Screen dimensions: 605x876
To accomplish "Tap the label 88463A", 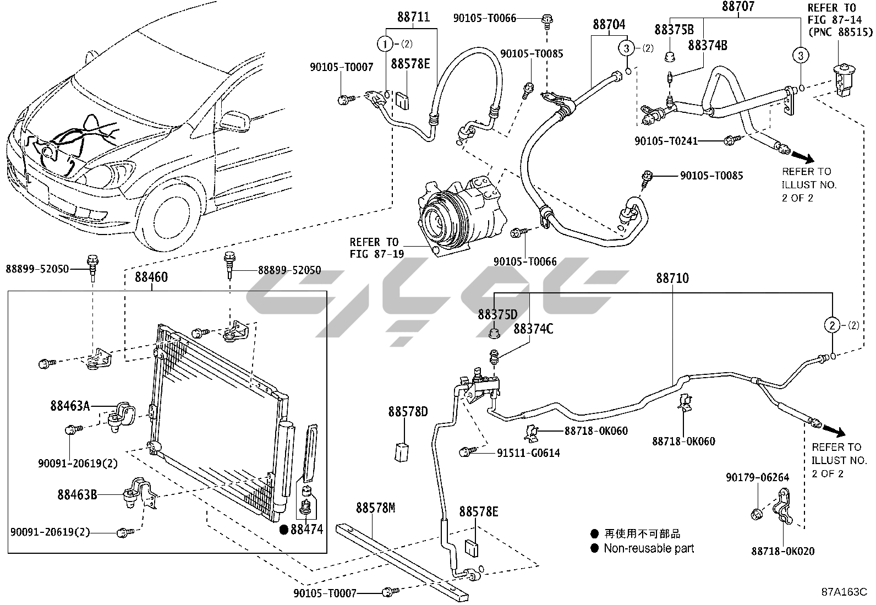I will [x=70, y=406].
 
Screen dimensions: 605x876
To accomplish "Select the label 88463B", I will [x=78, y=494].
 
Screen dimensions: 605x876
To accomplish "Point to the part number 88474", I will [x=306, y=530].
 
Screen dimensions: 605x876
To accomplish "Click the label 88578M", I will [x=376, y=508].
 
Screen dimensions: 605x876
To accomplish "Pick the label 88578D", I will [x=408, y=412].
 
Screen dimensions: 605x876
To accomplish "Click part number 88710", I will [x=672, y=278].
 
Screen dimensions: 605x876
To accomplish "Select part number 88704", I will [x=609, y=25].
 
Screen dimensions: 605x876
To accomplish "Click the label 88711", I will [x=413, y=17].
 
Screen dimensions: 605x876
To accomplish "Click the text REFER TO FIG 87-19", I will [x=376, y=248].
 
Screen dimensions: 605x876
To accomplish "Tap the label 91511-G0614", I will [x=528, y=453].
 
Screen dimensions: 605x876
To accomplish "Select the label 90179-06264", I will [x=757, y=477].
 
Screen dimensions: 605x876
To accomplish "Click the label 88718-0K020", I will [x=784, y=551].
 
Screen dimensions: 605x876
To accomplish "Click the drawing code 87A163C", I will [x=844, y=592].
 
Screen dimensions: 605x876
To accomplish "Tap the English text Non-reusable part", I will [x=649, y=548].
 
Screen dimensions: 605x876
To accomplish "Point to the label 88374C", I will [x=533, y=329].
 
